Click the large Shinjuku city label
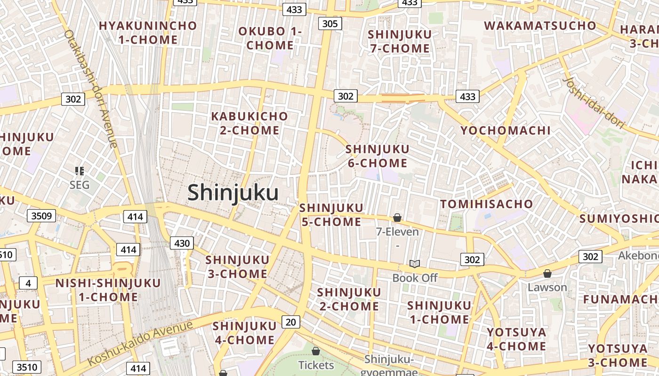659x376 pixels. pos(233,193)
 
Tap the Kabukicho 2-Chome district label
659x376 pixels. pos(249,123)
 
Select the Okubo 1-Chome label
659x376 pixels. pos(270,39)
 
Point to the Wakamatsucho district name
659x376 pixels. pos(540,26)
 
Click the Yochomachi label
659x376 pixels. pos(505,131)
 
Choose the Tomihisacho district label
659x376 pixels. pos(486,204)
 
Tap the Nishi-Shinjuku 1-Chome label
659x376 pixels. pos(108,290)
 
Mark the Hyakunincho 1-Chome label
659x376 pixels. pos(148,32)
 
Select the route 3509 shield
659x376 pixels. pos(41,216)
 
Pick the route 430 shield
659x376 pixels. pos(182,243)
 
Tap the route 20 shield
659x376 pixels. pos(291,322)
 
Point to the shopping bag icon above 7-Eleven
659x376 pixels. pos(397,218)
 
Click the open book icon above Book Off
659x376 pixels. pos(414,264)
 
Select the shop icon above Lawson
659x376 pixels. pos(547,273)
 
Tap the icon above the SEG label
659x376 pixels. pos(80,171)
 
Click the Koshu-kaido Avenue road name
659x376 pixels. pos(140,343)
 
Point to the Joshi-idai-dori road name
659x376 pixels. pos(594,103)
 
